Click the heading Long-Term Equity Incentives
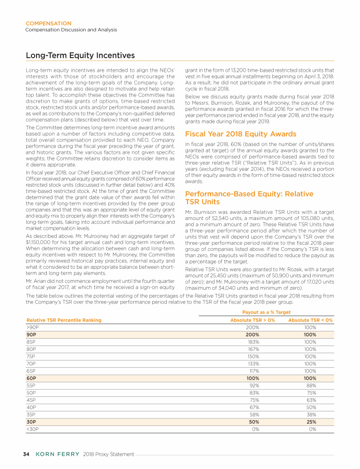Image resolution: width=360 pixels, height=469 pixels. [80, 56]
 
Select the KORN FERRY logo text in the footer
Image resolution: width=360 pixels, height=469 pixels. [58, 454]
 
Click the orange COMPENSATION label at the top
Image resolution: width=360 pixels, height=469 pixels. [48, 23]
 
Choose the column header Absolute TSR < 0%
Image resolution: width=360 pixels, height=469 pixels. [310, 320]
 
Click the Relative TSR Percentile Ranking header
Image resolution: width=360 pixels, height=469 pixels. [63, 320]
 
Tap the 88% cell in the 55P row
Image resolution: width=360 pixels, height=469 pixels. [311, 386]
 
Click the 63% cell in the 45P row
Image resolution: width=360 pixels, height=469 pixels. [311, 400]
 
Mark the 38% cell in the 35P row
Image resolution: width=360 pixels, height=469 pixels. [311, 415]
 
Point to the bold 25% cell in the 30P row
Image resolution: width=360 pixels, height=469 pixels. [310, 422]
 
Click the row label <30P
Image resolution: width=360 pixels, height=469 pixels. [32, 429]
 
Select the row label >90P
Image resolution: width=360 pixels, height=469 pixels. [32, 327]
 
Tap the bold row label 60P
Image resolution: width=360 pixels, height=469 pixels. [31, 378]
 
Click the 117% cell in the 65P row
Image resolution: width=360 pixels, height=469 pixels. [253, 371]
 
